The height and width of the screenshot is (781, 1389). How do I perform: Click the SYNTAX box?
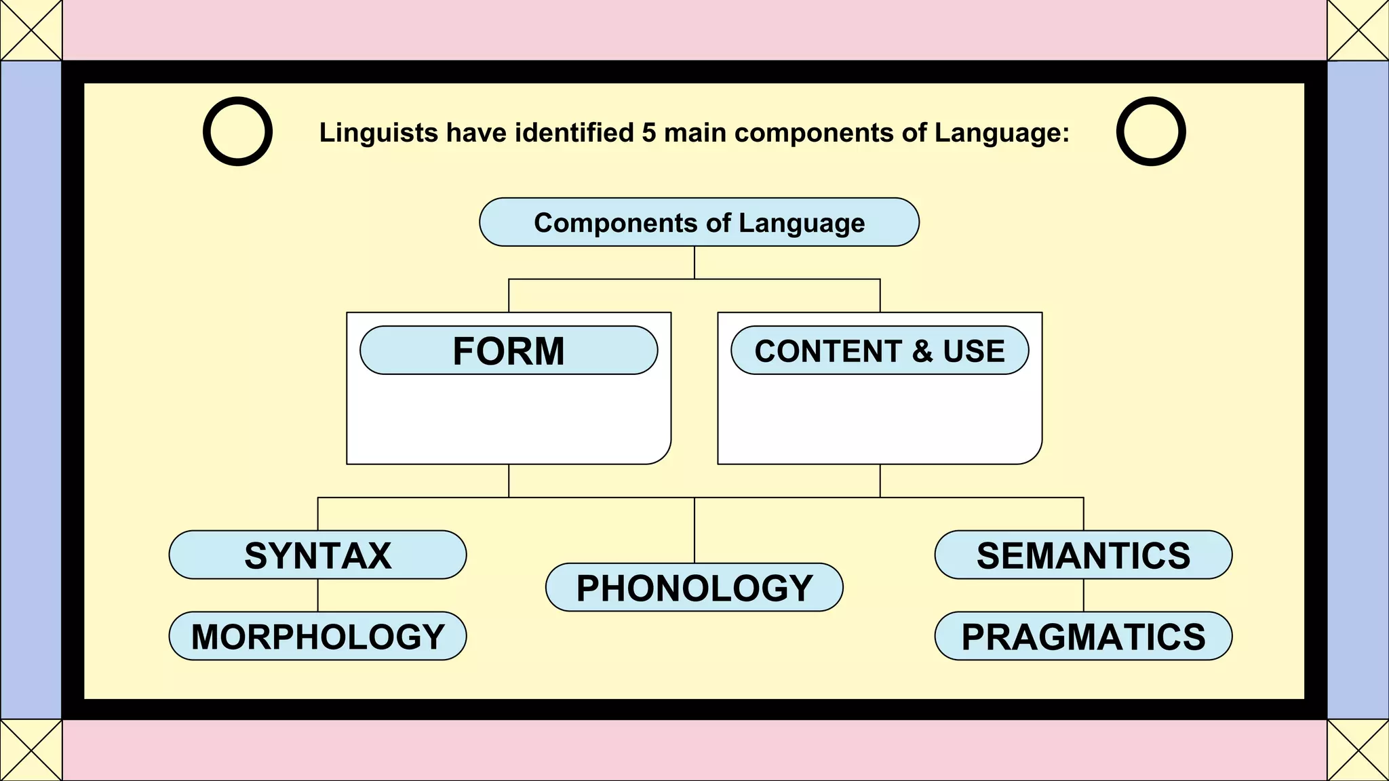coord(317,555)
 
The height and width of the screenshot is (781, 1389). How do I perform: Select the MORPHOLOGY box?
coord(317,636)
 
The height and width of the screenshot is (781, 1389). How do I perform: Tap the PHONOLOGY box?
coord(694,587)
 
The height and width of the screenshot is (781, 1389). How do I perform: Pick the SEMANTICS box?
coord(1083,555)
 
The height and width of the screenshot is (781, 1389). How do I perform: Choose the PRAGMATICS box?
coord(1083,636)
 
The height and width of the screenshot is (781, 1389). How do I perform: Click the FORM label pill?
coord(509,351)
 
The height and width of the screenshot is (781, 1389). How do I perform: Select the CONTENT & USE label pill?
coord(880,351)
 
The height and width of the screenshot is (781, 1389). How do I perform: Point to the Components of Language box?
coord(699,222)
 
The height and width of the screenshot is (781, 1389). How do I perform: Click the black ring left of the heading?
coord(238,132)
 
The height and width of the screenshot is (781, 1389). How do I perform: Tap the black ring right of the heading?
coord(1151,132)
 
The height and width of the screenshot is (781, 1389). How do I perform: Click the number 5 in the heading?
coord(649,133)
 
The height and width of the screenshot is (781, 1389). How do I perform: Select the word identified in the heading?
coord(574,133)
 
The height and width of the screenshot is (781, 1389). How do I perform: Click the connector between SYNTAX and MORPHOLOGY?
coord(318,595)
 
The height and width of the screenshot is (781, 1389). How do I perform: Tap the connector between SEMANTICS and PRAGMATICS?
coord(1083,595)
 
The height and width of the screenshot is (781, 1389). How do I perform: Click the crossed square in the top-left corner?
coord(31,30)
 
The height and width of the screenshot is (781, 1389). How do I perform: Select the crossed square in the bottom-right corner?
coord(1358,750)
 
